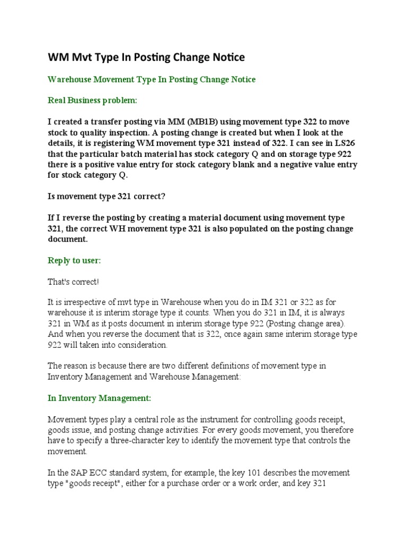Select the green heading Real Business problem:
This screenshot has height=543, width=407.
(92, 100)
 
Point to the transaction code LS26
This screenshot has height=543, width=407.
(333, 144)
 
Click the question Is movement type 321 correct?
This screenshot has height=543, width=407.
(107, 197)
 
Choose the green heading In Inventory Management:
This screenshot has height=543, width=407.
(99, 397)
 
